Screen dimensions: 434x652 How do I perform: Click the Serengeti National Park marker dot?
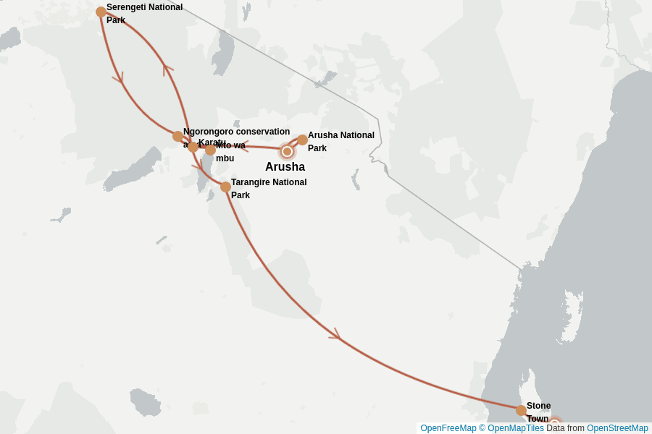tap(101, 12)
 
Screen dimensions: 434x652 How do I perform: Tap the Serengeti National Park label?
tap(144, 14)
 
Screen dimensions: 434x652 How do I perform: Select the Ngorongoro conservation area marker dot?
tap(177, 136)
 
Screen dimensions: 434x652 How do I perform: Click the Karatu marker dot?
tap(192, 146)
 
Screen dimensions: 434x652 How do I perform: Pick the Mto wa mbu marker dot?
tap(210, 150)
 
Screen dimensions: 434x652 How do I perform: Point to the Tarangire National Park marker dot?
tap(225, 187)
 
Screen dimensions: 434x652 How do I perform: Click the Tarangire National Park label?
tap(268, 188)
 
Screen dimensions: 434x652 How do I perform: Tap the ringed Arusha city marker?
tap(287, 151)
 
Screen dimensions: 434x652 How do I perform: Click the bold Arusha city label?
tap(285, 167)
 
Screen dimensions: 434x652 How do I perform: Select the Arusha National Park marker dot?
tap(302, 140)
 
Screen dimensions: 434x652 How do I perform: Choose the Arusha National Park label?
tap(340, 141)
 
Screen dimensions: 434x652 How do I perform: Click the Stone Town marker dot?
tap(521, 410)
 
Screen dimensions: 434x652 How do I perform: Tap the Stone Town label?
tap(538, 412)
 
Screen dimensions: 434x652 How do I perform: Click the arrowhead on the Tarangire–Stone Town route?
tap(335, 335)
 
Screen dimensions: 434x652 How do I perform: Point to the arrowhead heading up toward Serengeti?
tap(167, 69)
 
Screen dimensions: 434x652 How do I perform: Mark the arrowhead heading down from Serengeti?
tap(118, 77)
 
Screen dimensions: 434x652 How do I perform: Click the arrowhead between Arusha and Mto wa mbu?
tap(244, 146)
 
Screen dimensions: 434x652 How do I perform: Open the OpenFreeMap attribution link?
tap(447, 428)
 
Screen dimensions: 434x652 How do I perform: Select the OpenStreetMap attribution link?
tap(617, 428)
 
